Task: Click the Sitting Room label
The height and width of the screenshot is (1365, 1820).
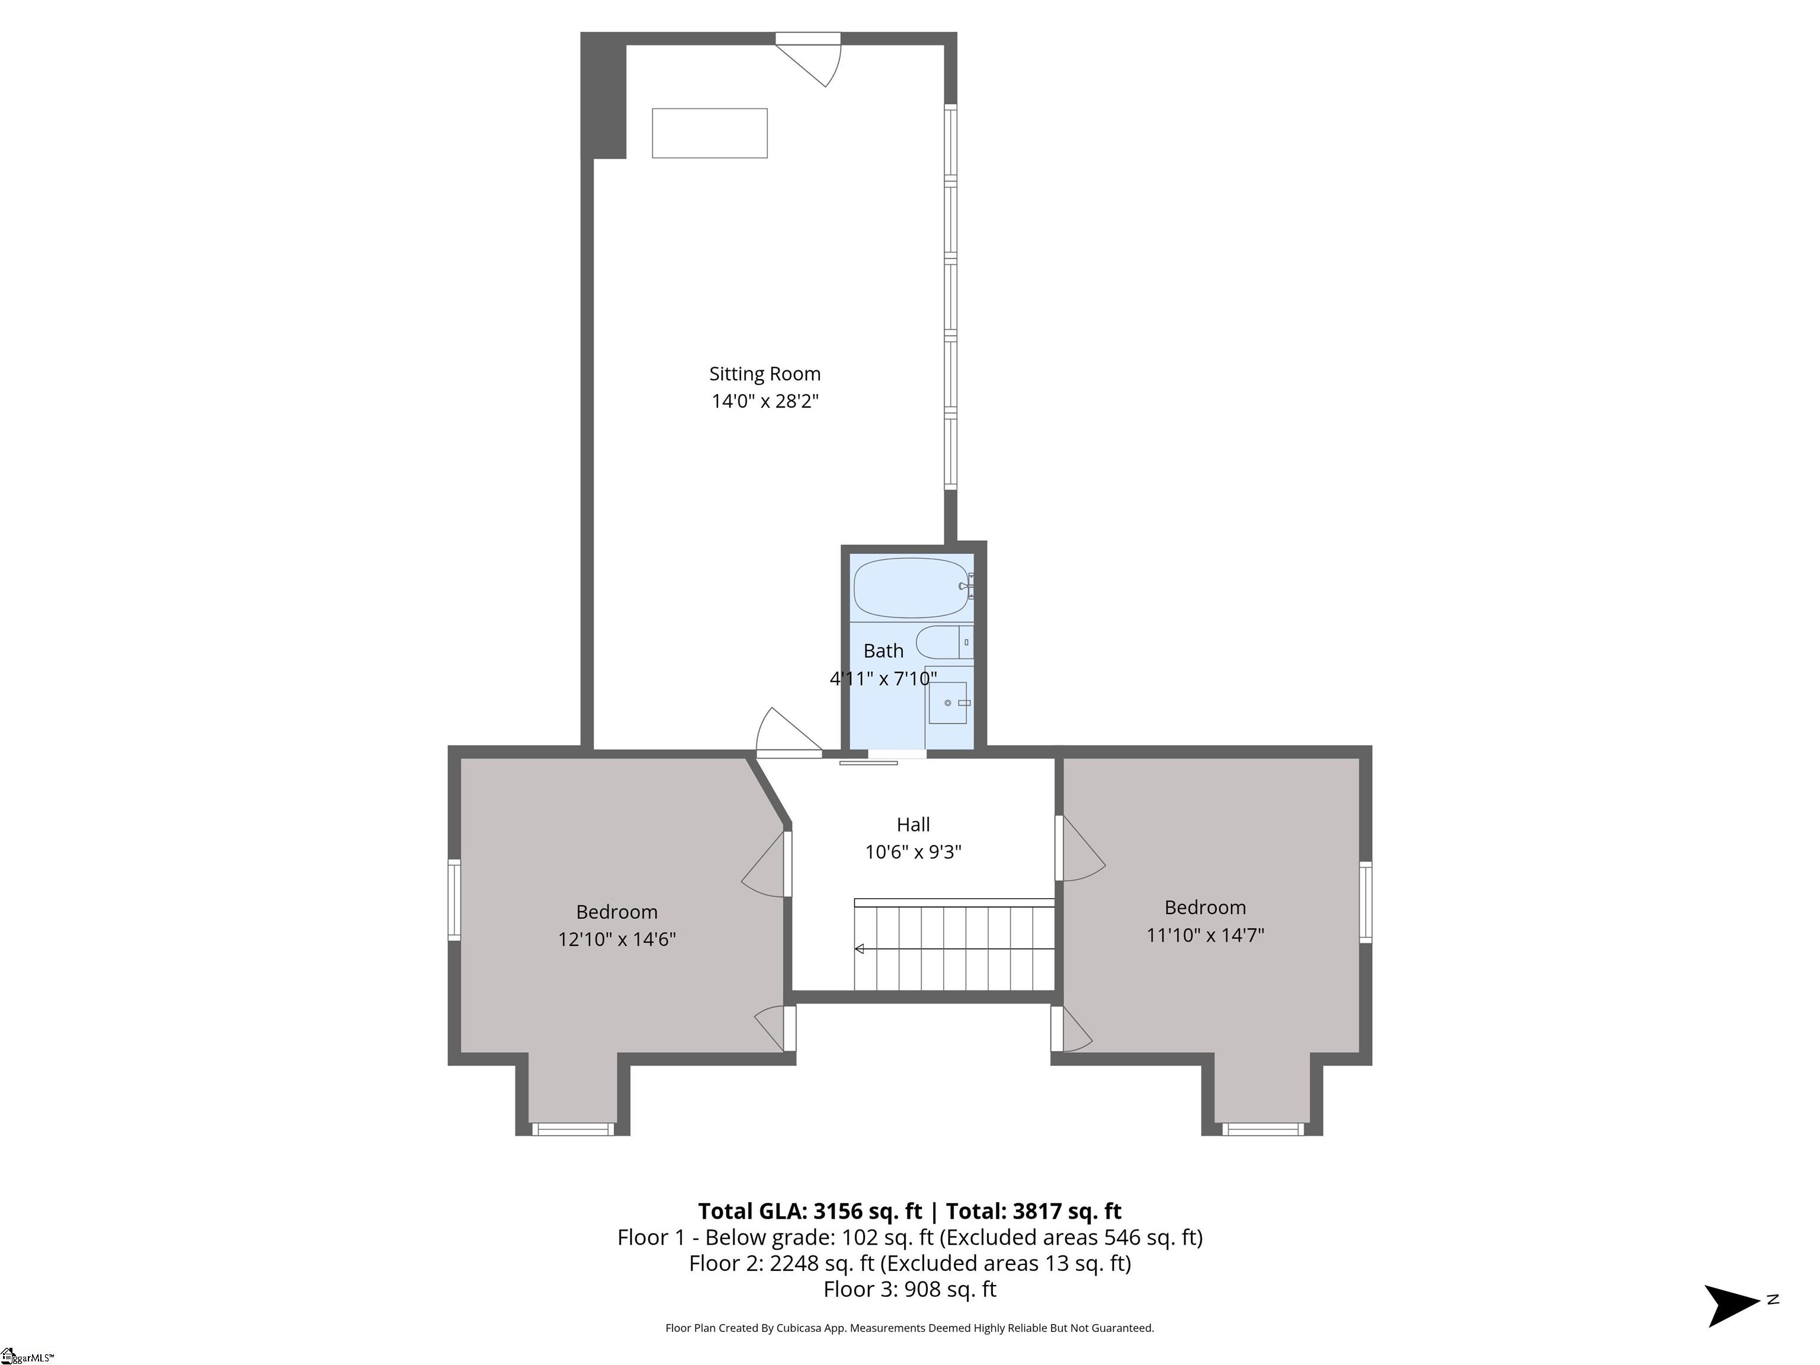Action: point(764,374)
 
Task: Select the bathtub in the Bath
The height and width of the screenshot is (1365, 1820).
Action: point(911,588)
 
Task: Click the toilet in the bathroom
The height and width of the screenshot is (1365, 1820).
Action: point(944,642)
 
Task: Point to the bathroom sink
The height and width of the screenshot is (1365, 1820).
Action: point(948,703)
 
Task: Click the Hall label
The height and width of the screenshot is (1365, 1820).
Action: point(914,825)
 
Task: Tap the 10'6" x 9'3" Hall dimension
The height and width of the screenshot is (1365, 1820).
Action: point(914,851)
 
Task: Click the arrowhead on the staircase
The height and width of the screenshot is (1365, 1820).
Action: point(859,949)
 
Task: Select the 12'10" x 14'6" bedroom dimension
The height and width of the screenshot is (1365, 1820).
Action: point(617,939)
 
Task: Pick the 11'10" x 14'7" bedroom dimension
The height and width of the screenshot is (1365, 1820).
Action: point(1206,935)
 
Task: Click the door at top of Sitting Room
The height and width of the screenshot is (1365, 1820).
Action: point(809,59)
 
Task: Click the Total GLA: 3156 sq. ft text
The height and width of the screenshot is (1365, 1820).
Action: point(810,1210)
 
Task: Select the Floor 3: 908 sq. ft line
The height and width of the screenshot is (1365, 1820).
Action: point(910,1289)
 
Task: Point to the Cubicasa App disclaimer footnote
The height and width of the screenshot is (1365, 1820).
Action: point(910,1327)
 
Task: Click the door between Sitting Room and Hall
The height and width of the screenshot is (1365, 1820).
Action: point(789,732)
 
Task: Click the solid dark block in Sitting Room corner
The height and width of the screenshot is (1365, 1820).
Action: point(604,95)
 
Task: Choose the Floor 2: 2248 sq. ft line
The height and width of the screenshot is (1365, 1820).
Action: point(910,1263)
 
